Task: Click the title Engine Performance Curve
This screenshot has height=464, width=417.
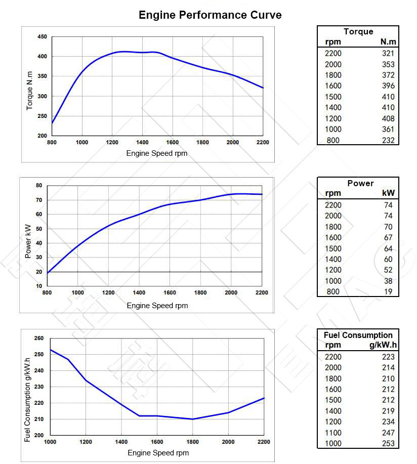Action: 210,15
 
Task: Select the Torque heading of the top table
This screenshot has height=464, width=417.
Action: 358,31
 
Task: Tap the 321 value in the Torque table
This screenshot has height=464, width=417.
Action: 388,53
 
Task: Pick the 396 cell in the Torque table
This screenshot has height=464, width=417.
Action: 388,86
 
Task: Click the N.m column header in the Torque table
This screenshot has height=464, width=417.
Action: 388,42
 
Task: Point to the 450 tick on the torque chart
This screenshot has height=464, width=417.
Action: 42,37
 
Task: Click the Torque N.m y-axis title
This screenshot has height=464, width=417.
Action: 30,91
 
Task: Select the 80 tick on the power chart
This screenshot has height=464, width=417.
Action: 38,186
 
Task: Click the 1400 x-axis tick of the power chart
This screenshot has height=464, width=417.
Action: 139,292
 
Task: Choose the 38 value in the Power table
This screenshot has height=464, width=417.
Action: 388,281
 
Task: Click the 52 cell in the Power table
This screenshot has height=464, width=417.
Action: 388,270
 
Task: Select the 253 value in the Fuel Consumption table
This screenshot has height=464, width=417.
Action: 388,443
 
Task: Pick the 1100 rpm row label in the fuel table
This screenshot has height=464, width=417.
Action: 333,433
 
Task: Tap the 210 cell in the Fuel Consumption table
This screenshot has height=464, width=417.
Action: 388,378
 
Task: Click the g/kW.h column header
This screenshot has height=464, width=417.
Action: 382,345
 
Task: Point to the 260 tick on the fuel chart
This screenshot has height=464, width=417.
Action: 39,338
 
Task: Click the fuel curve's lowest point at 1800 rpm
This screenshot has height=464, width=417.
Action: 193,419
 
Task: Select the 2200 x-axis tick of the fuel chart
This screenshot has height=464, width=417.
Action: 263,442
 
